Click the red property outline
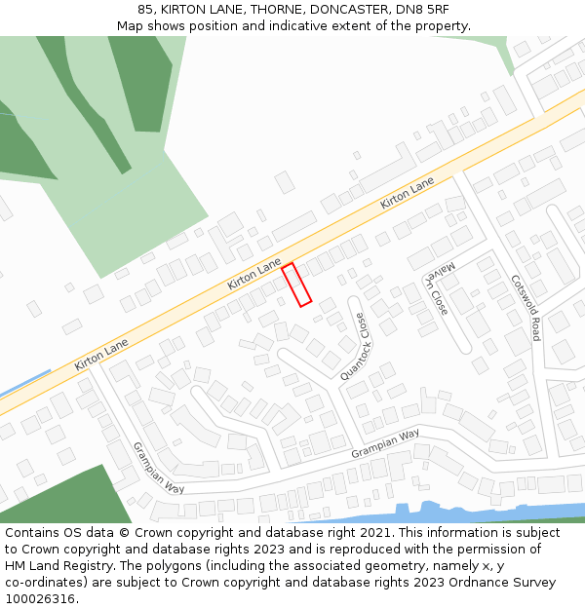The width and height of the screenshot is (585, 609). click(x=296, y=285)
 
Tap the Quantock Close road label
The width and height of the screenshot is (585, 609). click(x=354, y=347)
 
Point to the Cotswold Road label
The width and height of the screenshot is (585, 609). click(x=526, y=307)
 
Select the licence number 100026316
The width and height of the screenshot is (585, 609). click(x=40, y=599)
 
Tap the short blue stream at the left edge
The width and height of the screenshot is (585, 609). click(x=24, y=384)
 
